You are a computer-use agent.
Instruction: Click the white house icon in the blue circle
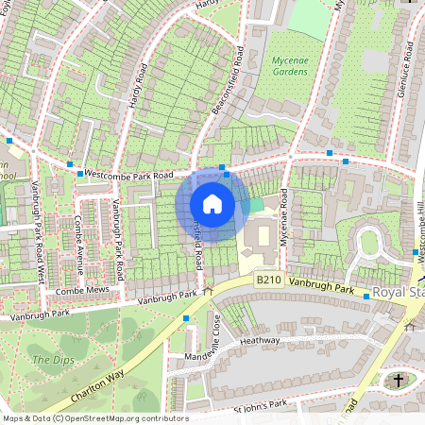pos(212,203)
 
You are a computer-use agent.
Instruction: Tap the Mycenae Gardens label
pos(290,66)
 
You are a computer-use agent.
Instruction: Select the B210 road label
pos(269,280)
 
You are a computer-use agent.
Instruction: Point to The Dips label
pos(51,360)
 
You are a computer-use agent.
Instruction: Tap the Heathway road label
pos(261,340)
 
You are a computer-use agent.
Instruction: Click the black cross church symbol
pos(398,381)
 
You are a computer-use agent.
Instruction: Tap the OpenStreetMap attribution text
pos(94,418)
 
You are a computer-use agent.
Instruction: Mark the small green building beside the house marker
pos(254,205)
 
